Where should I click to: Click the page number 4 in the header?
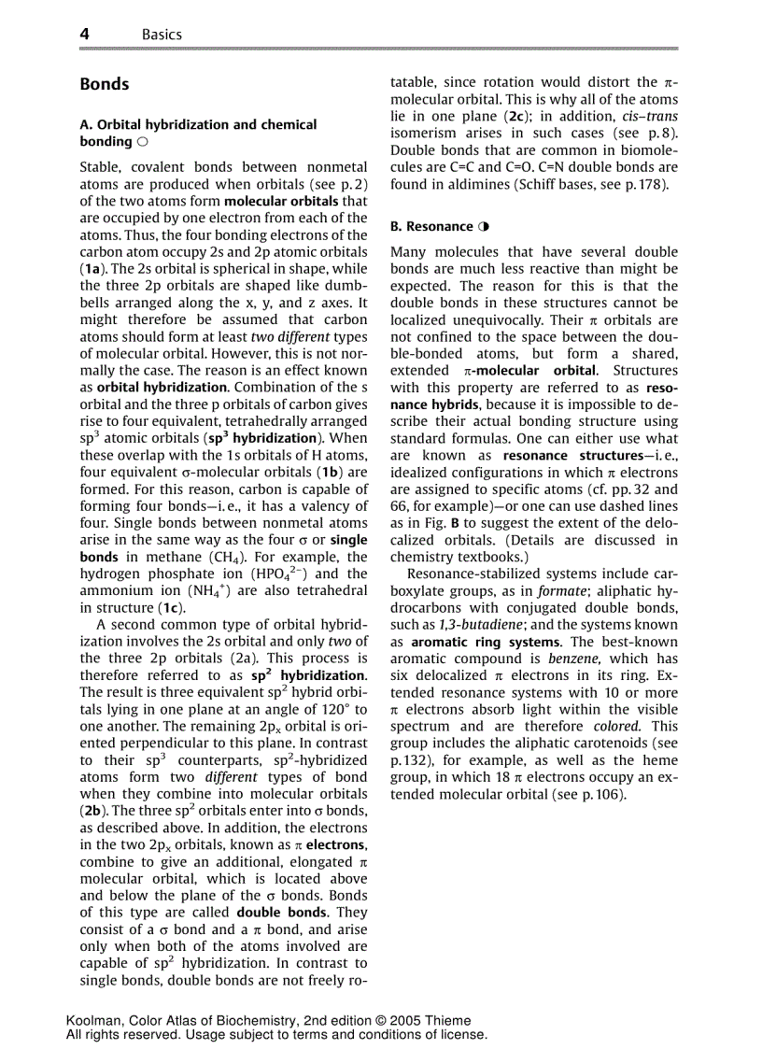click(x=85, y=34)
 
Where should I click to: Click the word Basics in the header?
click(x=162, y=35)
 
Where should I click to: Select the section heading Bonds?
click(x=105, y=84)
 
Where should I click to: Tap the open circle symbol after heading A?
click(x=141, y=142)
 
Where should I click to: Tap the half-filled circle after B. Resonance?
click(x=484, y=227)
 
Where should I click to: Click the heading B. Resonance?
click(x=432, y=227)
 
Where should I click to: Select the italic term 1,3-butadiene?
click(x=473, y=624)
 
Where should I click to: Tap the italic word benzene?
click(x=600, y=658)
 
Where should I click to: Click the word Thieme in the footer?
click(x=447, y=1020)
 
